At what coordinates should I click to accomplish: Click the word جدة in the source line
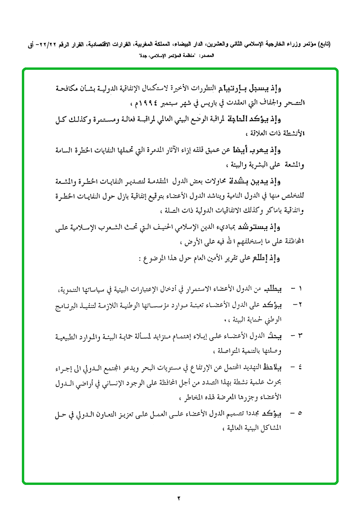(x=143, y=56)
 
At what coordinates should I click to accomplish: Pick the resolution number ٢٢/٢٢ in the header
(x=49, y=45)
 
